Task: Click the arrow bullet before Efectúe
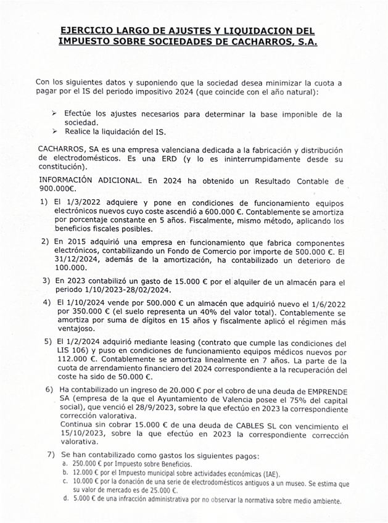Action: point(54,114)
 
